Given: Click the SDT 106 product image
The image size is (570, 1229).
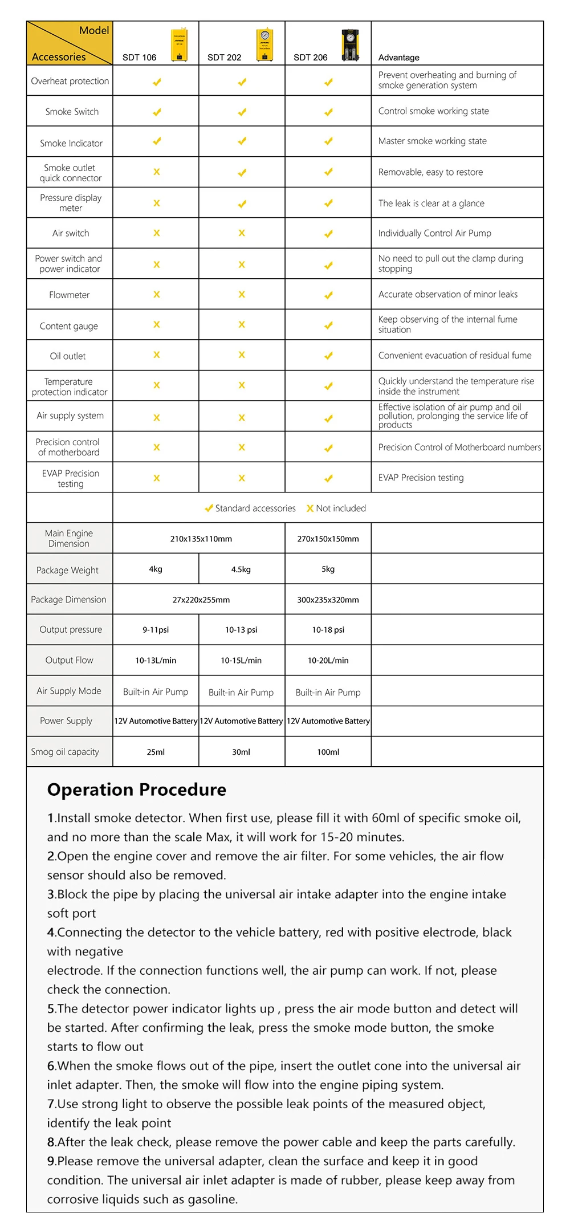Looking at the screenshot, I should point(179,44).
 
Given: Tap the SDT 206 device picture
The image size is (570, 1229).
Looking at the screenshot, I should point(350,45).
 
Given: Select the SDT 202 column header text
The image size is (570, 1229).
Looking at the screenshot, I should point(224,58).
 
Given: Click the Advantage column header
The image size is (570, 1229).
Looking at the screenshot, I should point(398,58).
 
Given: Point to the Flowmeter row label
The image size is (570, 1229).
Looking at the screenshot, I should point(69,295).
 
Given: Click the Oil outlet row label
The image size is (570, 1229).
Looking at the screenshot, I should point(68,356).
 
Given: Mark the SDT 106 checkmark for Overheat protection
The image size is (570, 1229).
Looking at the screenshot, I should point(157,82).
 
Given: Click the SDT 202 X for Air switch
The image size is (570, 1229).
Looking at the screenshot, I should point(242,233).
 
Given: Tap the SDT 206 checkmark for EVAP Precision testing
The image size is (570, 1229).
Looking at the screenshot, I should point(328,479).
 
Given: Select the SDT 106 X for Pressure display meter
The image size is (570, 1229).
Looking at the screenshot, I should point(157,203).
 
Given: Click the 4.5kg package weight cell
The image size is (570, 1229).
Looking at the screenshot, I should point(241,569).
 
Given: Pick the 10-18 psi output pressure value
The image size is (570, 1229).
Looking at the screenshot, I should point(328,630).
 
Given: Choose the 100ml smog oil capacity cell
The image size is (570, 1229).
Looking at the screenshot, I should point(328,752).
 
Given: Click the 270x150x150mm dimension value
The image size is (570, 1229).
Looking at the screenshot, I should point(328,539).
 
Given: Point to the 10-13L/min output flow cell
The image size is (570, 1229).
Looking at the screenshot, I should point(156,661).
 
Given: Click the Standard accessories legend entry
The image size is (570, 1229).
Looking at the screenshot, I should point(251,508).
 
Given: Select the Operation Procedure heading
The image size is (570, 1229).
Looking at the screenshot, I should point(137,790).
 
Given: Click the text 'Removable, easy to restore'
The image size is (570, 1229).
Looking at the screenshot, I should point(430,172).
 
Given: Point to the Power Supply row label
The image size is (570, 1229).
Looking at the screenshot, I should point(66,721).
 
